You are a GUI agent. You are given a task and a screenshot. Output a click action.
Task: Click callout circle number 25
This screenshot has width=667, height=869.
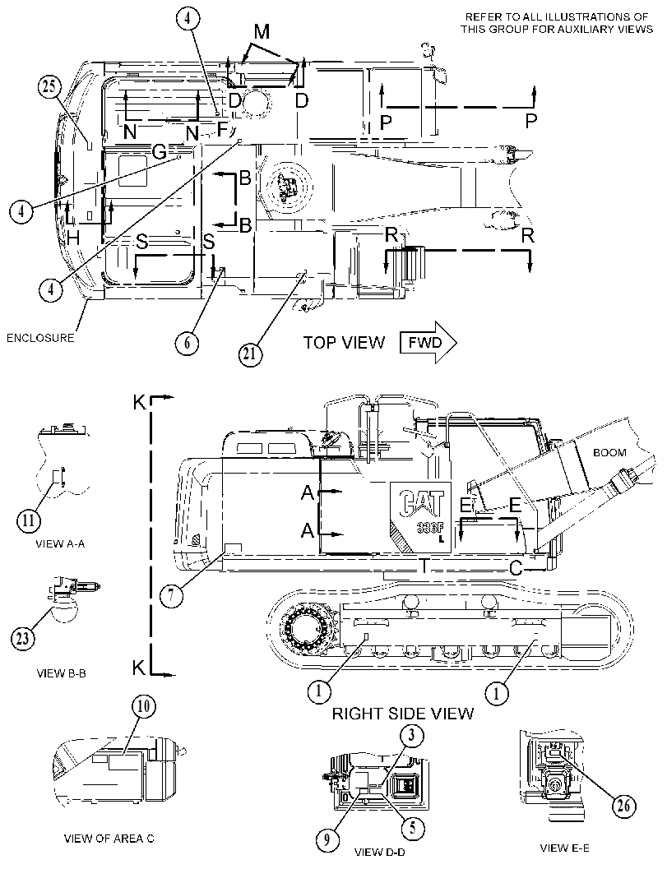49,88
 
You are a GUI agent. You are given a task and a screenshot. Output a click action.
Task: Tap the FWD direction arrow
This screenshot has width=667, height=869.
428,343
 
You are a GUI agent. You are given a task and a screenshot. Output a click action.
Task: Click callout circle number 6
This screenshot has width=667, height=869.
187,344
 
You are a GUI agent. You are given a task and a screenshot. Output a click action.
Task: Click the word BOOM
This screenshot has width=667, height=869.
609,453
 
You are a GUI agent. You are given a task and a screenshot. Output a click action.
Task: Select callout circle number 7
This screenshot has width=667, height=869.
171,596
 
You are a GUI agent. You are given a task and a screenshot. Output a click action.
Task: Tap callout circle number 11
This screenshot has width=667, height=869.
28,520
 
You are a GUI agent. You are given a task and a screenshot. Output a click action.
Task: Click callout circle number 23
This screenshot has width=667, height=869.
21,639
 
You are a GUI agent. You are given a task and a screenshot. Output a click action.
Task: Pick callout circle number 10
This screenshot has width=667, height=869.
144,706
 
